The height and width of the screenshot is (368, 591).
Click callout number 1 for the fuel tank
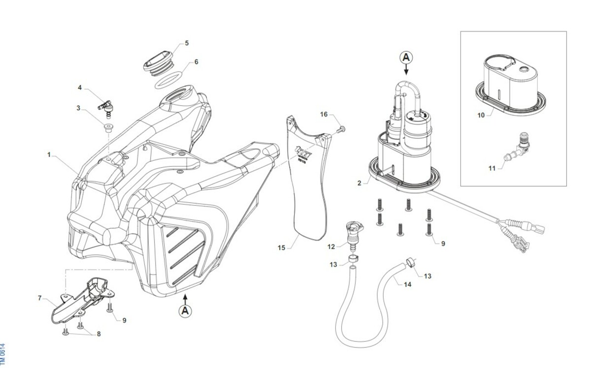[x=49, y=154]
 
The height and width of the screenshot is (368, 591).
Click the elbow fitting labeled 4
[x=105, y=105]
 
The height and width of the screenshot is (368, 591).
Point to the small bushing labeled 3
[x=108, y=128]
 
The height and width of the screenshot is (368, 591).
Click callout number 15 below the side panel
[x=281, y=248]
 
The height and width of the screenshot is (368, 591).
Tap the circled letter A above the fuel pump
[x=406, y=58]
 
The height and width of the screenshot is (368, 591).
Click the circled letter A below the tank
[x=185, y=310]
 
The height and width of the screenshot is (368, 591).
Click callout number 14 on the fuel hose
[x=407, y=284]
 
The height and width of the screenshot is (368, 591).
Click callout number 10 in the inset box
[x=481, y=115]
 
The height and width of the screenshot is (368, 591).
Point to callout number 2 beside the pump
[x=360, y=183]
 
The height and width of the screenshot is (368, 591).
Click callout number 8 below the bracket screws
[x=98, y=334]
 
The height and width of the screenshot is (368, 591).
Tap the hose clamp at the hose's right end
[x=410, y=263]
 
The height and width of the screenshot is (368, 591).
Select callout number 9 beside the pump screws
[x=443, y=243]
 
